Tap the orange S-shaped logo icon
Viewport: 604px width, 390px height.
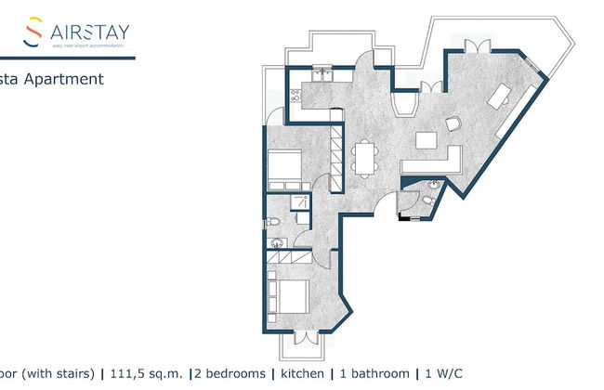click(33, 32)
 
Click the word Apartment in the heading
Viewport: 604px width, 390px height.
click(67, 79)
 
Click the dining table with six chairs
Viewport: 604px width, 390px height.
click(365, 157)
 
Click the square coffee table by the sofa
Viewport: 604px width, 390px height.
click(427, 140)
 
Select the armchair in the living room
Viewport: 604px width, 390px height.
click(453, 123)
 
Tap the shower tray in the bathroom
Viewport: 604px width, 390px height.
click(301, 204)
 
